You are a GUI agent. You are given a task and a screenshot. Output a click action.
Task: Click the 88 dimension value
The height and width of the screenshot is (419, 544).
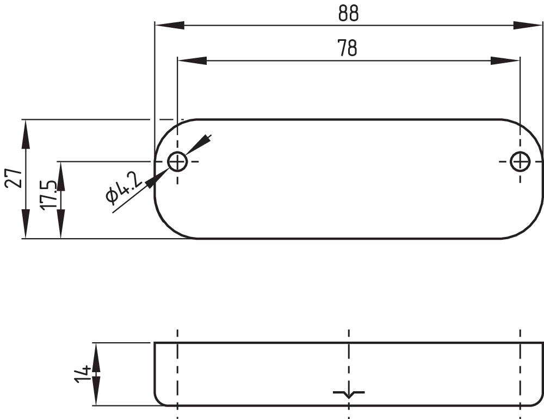[348, 14]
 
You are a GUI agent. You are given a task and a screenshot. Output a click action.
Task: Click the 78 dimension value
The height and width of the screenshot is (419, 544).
[348, 48]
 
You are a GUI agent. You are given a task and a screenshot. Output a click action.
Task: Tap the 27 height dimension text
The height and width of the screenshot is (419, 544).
[14, 178]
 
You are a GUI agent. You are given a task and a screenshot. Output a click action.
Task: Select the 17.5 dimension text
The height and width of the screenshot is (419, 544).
[48, 195]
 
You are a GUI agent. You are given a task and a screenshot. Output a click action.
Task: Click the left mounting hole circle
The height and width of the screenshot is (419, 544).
[177, 161]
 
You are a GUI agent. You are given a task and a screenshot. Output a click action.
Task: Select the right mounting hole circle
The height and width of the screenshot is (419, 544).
[521, 161]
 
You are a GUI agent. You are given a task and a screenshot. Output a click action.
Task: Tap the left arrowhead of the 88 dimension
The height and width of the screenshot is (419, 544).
[169, 25]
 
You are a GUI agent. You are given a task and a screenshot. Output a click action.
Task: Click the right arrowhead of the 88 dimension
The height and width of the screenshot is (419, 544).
[528, 25]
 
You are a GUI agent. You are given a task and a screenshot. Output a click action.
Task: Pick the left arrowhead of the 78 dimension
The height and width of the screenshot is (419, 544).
[192, 60]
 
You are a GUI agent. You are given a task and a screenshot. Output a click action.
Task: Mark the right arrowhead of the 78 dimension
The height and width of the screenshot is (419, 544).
[505, 60]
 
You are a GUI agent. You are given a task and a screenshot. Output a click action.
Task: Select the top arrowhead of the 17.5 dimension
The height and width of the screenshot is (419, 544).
[60, 175]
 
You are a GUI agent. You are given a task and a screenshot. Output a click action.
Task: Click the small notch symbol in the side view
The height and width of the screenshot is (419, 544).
[349, 393]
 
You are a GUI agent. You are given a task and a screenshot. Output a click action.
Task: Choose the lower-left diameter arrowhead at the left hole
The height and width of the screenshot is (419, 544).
[156, 178]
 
